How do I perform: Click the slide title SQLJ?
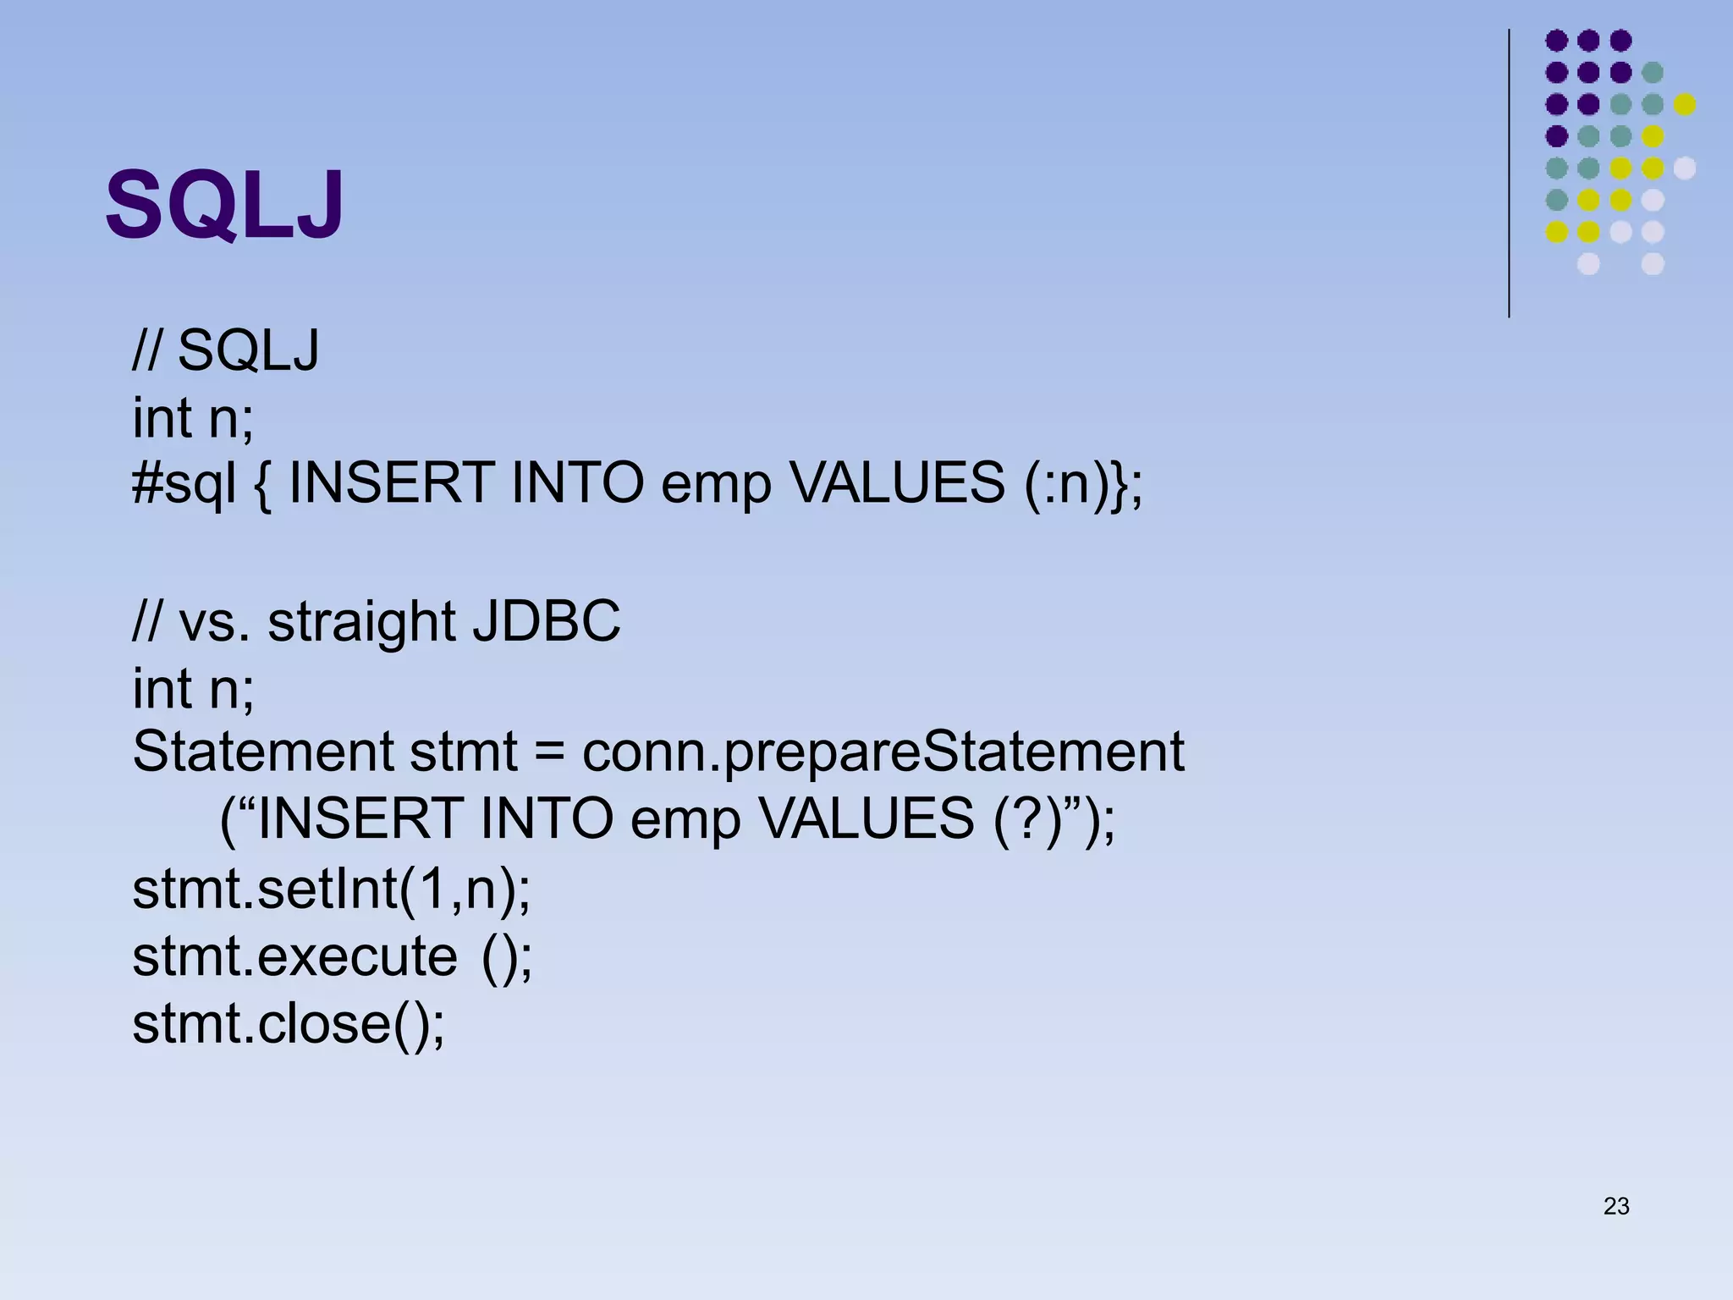[x=224, y=206]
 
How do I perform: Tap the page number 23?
[x=1615, y=1206]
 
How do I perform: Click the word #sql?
[x=184, y=484]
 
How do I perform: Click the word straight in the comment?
[x=361, y=622]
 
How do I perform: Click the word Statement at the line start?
[x=263, y=751]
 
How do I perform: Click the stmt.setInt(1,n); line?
[x=331, y=890]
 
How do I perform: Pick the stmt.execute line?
[x=331, y=956]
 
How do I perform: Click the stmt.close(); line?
[x=288, y=1023]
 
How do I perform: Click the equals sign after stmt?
[x=550, y=752]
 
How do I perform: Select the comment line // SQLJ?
[x=225, y=350]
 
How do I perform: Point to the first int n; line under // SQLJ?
[x=192, y=417]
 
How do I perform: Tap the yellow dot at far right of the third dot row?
[x=1684, y=104]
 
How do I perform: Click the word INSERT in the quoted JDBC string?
[x=359, y=818]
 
